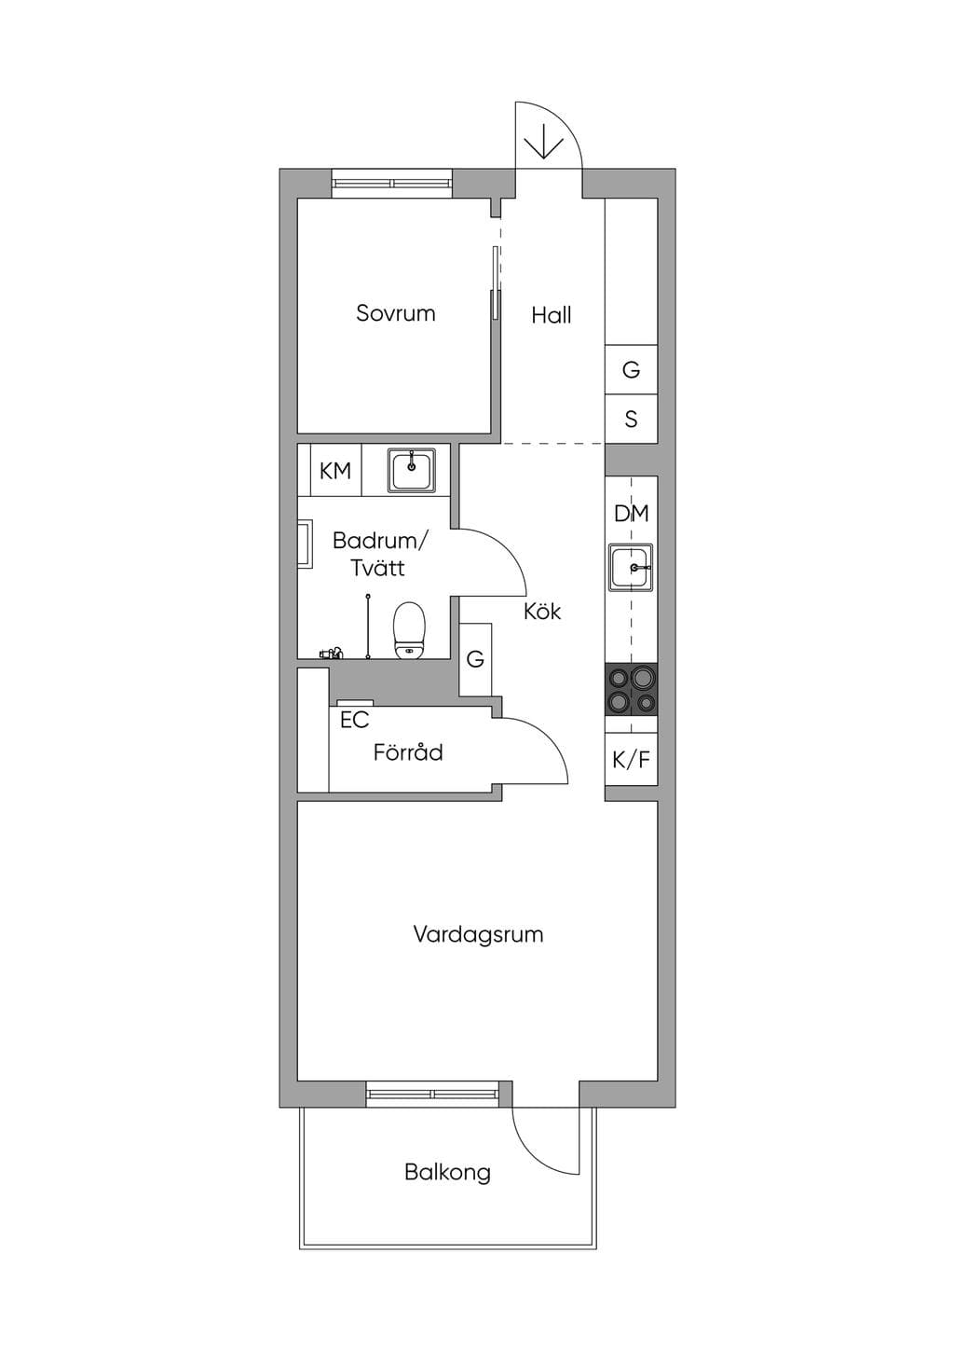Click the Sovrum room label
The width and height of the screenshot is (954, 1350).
[395, 313]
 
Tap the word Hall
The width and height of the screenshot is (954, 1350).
[552, 314]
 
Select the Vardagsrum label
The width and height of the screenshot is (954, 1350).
[478, 934]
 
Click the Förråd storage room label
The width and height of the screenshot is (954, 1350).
[408, 751]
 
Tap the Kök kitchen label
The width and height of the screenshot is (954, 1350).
[542, 611]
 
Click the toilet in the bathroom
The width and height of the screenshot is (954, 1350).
[410, 629]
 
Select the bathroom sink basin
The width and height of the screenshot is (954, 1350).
[412, 470]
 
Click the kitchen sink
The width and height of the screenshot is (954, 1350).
[631, 568]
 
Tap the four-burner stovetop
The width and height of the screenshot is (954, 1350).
[631, 690]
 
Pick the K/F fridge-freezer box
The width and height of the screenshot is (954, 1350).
[631, 759]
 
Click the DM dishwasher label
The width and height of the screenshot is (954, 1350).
[631, 514]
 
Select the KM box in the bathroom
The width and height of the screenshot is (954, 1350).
[335, 470]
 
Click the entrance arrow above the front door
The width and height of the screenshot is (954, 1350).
[544, 142]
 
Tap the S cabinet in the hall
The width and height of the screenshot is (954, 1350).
[631, 419]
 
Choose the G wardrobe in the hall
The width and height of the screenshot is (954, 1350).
[631, 369]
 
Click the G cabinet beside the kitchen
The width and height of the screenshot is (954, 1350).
[475, 659]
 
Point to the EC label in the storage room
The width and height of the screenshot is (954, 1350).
[354, 720]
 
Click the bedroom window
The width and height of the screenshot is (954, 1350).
[392, 184]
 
